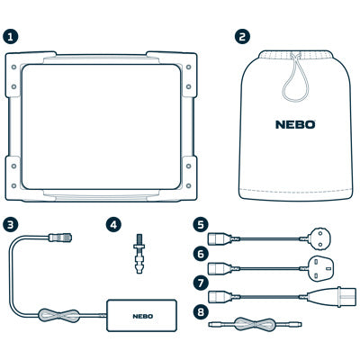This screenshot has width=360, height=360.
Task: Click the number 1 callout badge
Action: click(x=11, y=37)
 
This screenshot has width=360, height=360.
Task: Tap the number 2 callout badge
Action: click(x=242, y=37)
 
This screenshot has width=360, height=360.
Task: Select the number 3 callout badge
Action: click(x=11, y=225)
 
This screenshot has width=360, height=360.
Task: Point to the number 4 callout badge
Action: click(x=113, y=225)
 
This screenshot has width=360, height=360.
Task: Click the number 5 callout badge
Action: click(x=201, y=225)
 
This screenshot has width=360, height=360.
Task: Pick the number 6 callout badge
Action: click(x=201, y=254)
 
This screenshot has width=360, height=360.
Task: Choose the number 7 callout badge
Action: click(x=201, y=283)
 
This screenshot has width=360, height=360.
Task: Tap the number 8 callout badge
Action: click(x=201, y=311)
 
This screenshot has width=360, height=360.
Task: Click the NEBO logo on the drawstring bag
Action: click(x=295, y=124)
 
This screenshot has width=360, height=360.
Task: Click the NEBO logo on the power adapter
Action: click(x=143, y=316)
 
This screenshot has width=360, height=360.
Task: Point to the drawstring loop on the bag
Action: click(x=295, y=79)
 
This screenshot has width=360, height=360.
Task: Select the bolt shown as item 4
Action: click(x=139, y=253)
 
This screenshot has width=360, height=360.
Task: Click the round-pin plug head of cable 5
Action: click(x=320, y=238)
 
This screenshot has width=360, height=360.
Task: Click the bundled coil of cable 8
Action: click(x=255, y=324)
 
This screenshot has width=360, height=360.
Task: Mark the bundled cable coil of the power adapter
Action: click(x=59, y=315)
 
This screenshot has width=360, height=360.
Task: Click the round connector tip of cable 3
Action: click(x=61, y=238)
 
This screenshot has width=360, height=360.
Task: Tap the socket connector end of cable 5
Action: click(x=220, y=238)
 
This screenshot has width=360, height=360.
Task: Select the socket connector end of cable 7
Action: click(x=220, y=297)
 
